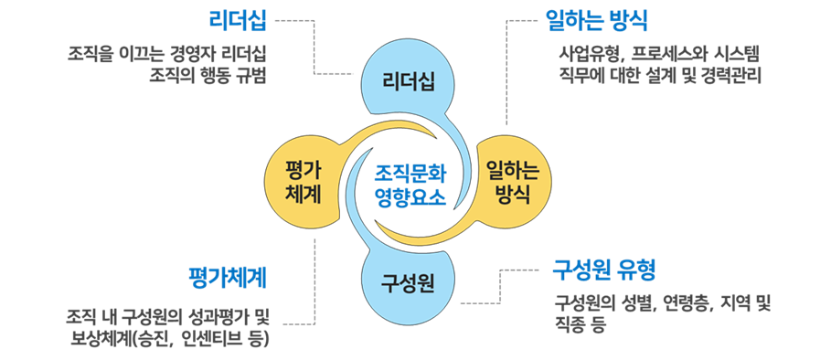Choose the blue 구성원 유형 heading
tap(604, 270)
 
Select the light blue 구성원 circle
tap(407, 277)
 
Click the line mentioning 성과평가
tap(170, 318)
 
